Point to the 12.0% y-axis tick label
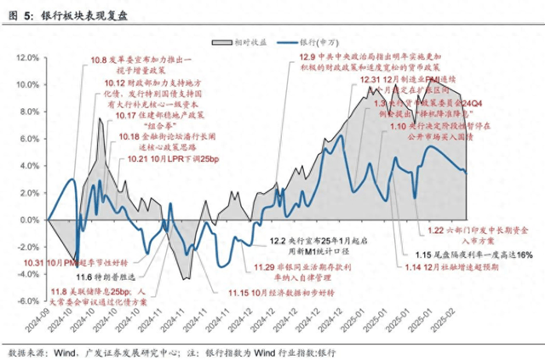tap(28, 57)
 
